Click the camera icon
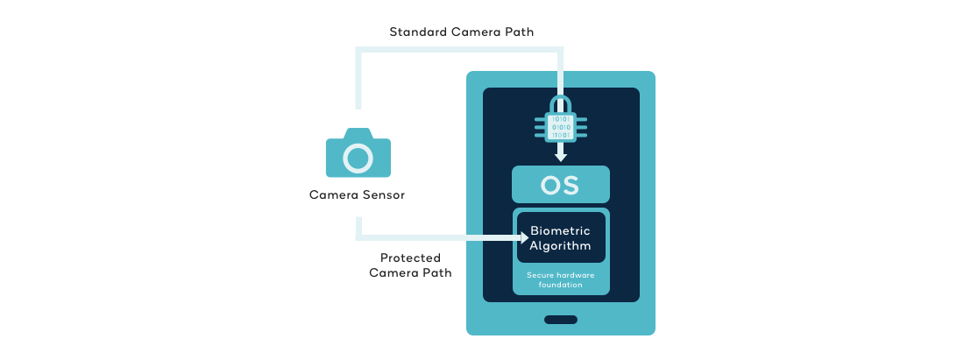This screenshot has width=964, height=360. tap(358, 154)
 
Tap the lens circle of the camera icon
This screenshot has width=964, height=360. tap(358, 159)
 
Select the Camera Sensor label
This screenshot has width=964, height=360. tap(357, 195)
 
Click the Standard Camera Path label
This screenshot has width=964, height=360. tap(462, 32)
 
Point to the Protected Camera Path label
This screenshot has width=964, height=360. tap(410, 265)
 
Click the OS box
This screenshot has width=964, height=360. tap(560, 185)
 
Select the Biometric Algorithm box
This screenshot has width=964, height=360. tap(560, 237)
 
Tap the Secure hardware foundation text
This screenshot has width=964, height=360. tap(560, 279)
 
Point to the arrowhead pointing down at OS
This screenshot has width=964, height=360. tap(561, 157)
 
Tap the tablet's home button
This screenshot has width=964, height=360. tap(561, 320)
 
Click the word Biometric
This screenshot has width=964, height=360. tap(560, 230)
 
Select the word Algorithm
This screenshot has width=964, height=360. tap(560, 245)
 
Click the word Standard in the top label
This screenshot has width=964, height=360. tap(417, 32)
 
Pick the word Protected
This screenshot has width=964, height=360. tap(410, 258)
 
